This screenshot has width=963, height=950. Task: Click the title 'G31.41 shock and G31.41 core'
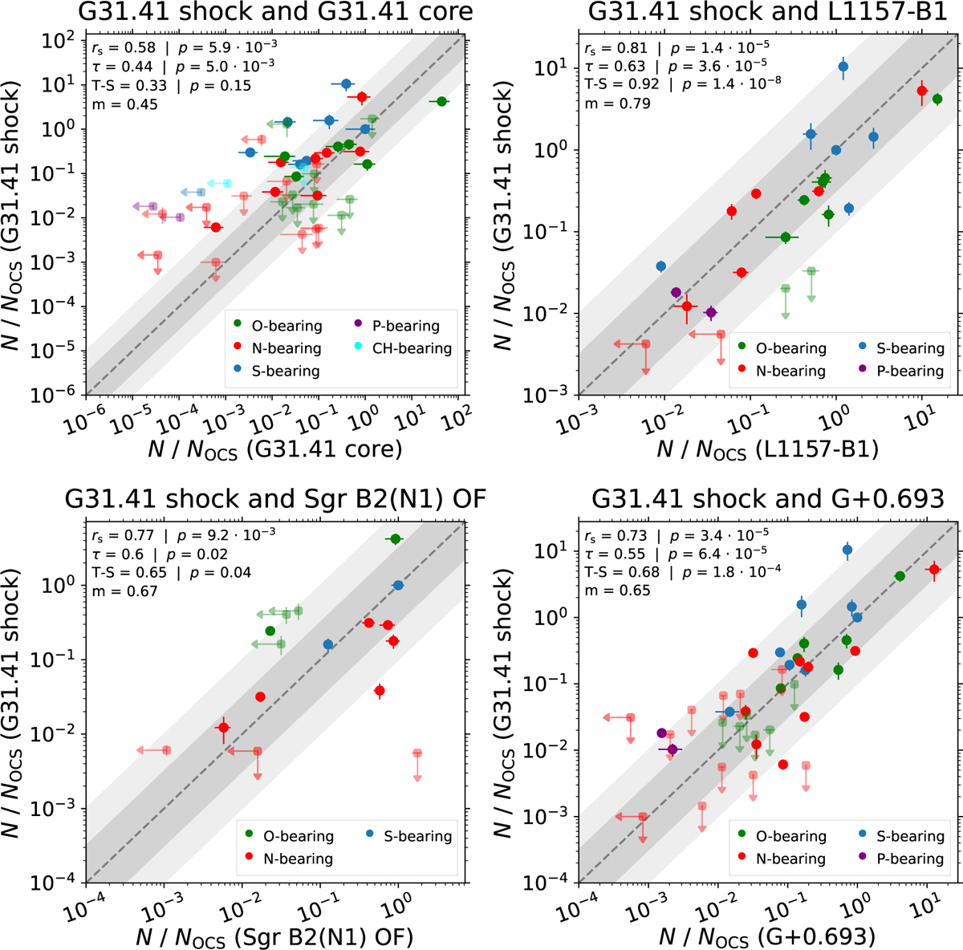click(276, 12)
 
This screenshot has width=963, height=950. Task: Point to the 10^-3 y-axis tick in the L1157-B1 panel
click(553, 394)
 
